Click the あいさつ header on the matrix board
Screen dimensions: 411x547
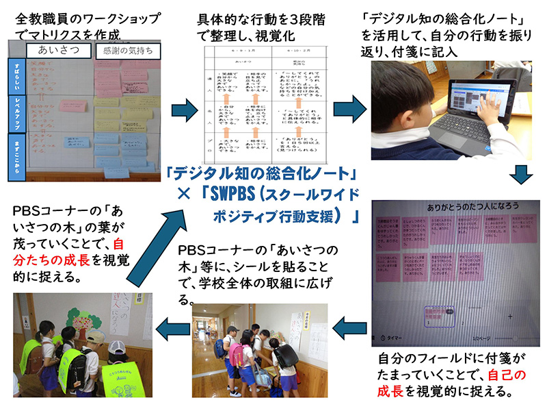pyautogui.click(x=57, y=50)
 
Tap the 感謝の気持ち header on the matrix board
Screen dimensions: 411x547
pyautogui.click(x=128, y=51)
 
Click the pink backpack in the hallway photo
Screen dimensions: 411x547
pyautogui.click(x=237, y=351)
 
